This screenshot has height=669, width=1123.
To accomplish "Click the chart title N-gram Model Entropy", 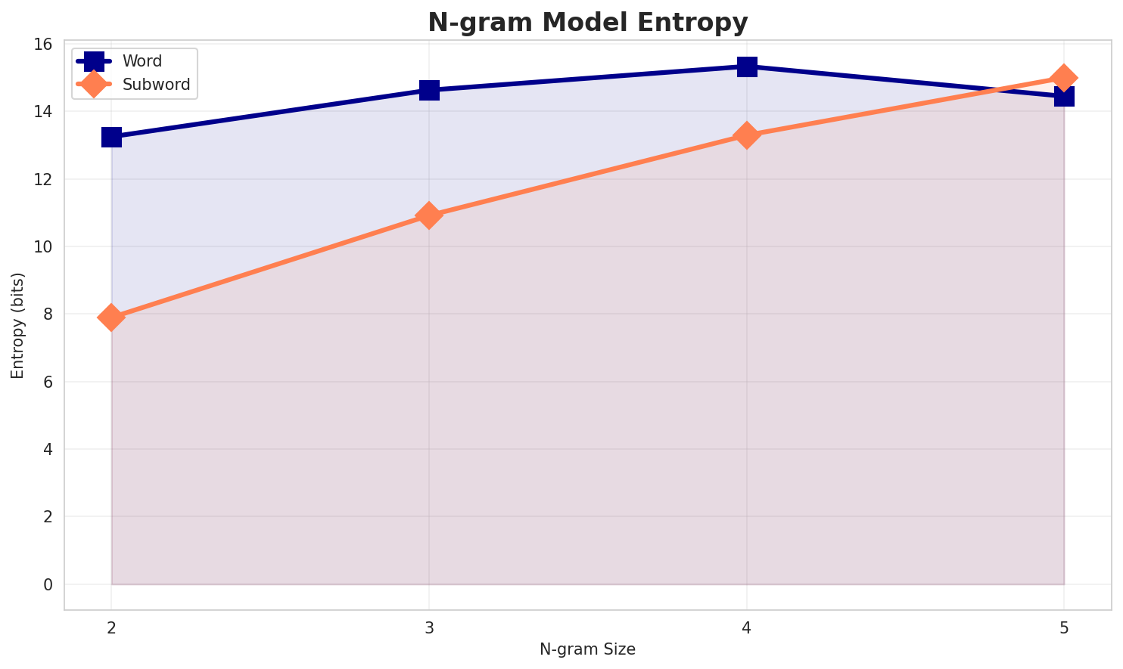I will point(587,23).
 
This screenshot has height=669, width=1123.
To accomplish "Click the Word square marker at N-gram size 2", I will point(111,137).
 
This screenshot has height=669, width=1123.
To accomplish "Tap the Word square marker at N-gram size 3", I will point(429,90).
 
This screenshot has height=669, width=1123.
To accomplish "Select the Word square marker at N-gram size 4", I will point(747,67).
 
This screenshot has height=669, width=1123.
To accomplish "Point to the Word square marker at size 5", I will point(1064,96).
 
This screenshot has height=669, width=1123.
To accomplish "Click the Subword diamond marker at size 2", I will point(111,317).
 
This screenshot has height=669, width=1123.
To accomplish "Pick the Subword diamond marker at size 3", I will point(429,215).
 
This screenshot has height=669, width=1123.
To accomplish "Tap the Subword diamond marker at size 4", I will point(747,135).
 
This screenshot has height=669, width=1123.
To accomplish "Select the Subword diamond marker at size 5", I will point(1064,78).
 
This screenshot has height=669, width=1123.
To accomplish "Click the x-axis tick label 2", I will point(111,627).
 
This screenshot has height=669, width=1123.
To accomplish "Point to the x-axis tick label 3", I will point(429,627).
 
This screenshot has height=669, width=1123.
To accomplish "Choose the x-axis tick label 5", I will point(1064,627).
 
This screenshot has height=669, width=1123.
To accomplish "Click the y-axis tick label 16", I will point(43,45).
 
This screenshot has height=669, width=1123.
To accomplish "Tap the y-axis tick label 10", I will point(43,247).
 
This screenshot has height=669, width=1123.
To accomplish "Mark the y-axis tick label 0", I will point(48,585).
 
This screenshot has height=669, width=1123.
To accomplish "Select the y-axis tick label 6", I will point(48,383).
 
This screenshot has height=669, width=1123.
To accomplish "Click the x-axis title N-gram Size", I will point(587,649).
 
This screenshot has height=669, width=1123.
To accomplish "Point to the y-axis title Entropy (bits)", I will point(17,325).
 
